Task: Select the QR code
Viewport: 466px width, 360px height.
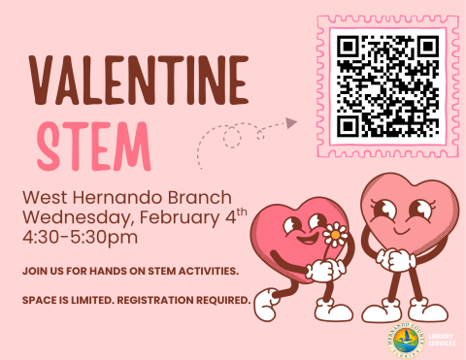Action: (x=386, y=84)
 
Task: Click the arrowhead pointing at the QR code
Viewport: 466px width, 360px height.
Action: (x=291, y=123)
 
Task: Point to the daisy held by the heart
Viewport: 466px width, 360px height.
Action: (x=335, y=234)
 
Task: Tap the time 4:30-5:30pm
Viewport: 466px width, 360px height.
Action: (x=81, y=236)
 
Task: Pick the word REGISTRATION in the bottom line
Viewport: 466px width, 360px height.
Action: (x=156, y=299)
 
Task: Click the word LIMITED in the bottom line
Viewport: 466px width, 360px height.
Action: (x=87, y=299)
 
